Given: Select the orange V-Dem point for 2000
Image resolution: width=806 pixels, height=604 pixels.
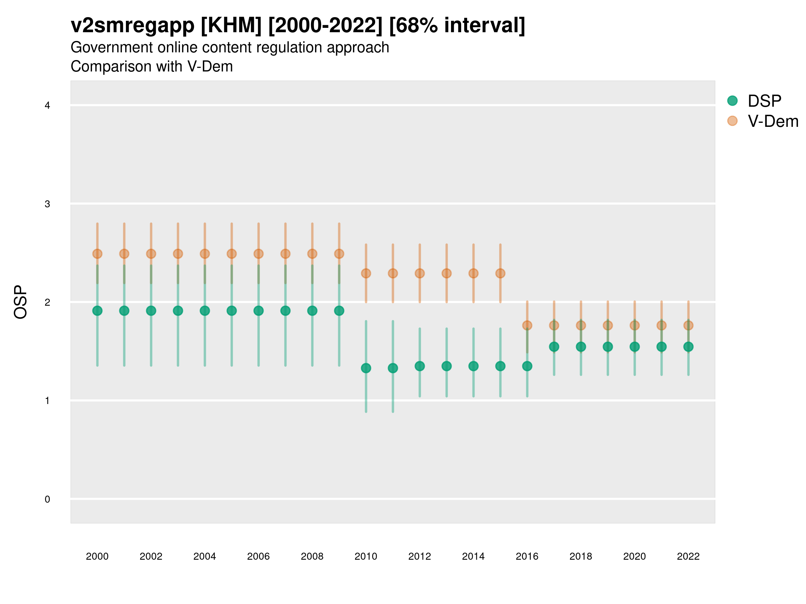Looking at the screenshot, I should coord(97,254).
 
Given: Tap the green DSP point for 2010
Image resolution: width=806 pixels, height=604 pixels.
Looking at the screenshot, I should coord(366,368).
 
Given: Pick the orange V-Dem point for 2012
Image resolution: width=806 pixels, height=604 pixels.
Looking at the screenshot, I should coord(420,273).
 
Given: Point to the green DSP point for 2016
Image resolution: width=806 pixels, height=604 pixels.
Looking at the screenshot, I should coord(527,366).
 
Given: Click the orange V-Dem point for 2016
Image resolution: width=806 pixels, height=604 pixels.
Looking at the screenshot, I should coord(527,325).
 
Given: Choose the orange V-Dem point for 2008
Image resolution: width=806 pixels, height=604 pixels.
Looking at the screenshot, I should coord(312,254).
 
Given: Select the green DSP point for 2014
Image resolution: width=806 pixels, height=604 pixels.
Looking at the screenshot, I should coord(473,366).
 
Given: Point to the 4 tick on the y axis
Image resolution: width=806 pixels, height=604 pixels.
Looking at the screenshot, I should coord(47,106).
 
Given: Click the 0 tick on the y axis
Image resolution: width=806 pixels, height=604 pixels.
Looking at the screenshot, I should coord(47,499).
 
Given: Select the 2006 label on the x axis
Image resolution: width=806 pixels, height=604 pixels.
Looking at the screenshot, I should coord(258,556).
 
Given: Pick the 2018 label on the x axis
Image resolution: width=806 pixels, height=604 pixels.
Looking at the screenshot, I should coord(581,556).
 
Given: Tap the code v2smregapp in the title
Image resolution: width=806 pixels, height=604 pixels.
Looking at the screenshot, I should coord(133,26).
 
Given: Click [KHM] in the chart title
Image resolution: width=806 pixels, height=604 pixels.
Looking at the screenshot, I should coord(231,26).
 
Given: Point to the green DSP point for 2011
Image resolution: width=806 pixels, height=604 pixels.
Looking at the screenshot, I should coord(393,368).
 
